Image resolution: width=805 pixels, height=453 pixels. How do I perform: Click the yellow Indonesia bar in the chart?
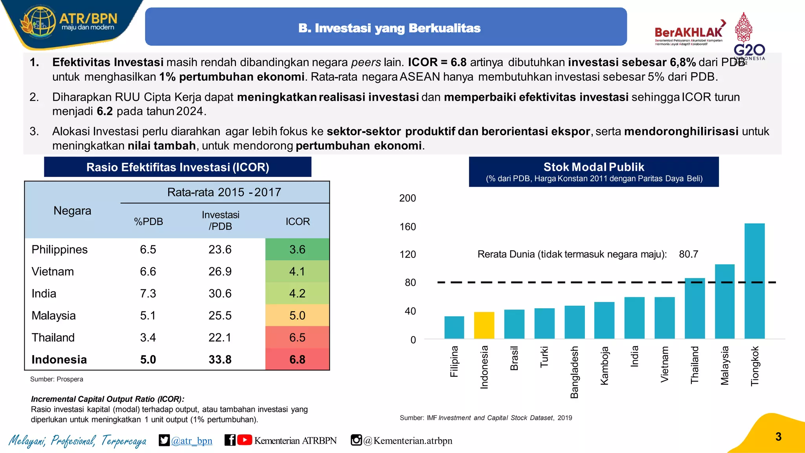click(484, 325)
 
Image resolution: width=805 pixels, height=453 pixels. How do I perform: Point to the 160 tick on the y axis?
click(408, 227)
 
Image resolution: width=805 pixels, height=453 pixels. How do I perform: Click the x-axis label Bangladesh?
click(574, 372)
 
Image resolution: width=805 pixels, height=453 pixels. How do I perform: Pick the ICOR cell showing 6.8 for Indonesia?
click(297, 359)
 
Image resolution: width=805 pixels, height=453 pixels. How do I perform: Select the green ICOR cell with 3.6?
click(297, 249)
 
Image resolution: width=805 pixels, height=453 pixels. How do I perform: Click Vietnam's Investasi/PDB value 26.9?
click(220, 271)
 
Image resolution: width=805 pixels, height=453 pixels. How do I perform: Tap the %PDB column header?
click(148, 221)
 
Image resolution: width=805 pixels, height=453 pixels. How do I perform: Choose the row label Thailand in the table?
click(53, 337)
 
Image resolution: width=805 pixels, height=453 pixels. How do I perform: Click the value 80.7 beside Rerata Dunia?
click(688, 254)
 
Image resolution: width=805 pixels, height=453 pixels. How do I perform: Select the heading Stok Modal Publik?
click(594, 167)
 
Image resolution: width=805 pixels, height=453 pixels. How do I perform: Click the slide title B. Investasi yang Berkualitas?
click(389, 28)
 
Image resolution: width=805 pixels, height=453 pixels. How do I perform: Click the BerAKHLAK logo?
click(689, 33)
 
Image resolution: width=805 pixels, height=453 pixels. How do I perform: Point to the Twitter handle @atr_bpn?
click(191, 440)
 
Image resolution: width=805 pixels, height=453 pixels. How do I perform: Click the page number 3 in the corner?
click(778, 436)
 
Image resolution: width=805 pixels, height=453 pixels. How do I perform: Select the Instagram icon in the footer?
click(356, 440)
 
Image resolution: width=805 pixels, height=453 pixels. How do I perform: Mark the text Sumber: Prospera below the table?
click(57, 379)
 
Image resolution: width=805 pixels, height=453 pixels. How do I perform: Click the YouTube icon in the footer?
click(244, 440)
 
